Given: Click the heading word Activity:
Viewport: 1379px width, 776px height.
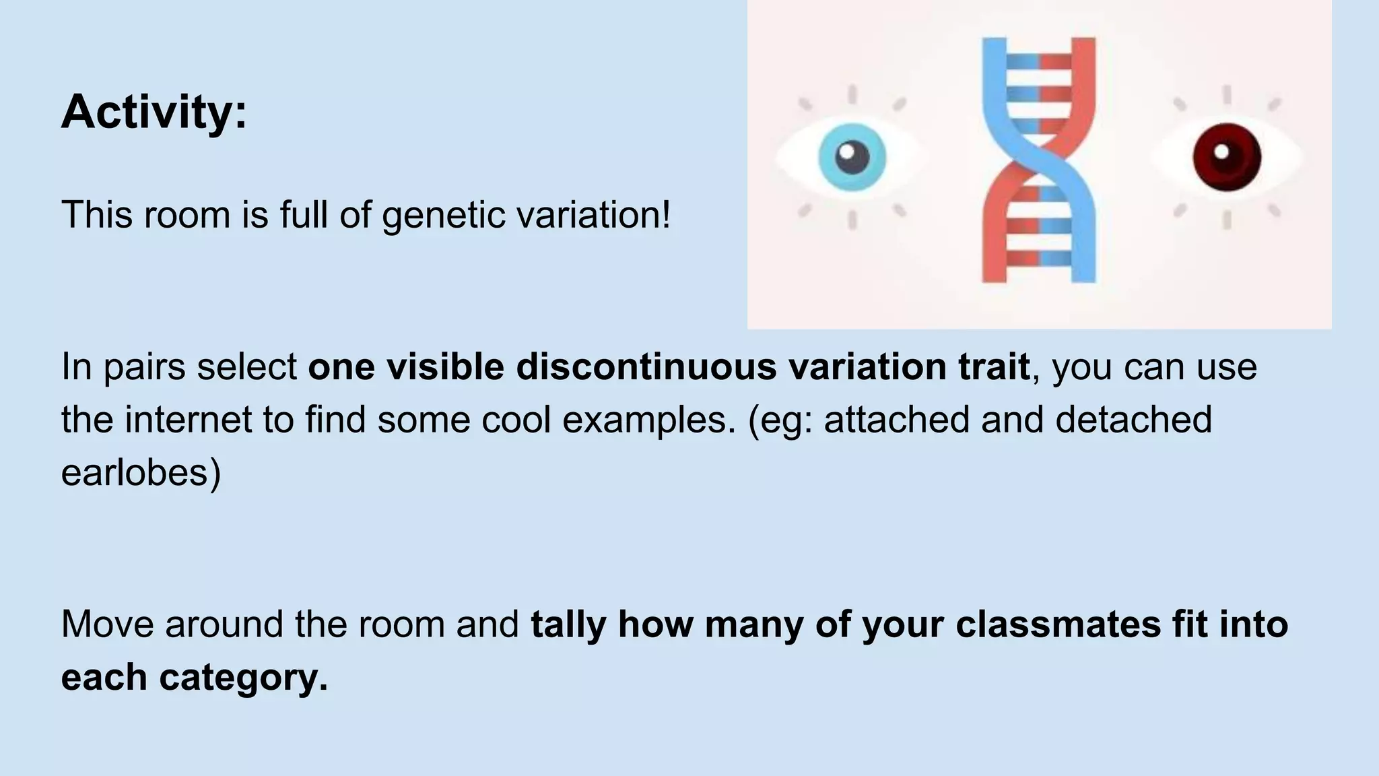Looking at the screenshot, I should point(154,112).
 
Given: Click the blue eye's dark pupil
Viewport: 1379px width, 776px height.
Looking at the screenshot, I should point(852,158).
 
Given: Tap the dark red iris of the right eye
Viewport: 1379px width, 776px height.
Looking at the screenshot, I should point(1227,157).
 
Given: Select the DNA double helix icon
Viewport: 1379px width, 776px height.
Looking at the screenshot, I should point(1038,160).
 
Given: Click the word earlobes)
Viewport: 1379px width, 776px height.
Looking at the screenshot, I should point(141,472).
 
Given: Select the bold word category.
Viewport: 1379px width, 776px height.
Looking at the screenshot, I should point(243,677).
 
